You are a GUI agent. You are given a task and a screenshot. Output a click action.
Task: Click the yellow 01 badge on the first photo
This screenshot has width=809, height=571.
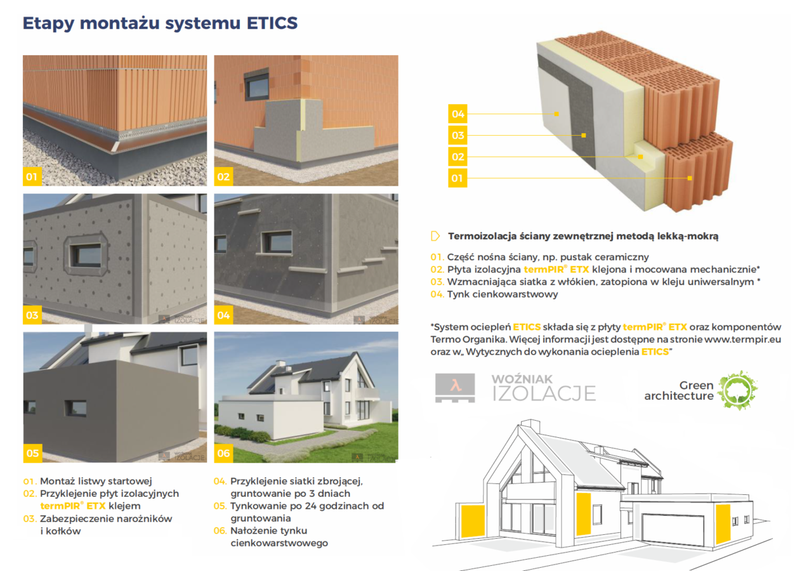click(x=32, y=176)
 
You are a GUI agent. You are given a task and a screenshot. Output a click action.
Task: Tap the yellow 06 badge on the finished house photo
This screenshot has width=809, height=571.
click(x=223, y=453)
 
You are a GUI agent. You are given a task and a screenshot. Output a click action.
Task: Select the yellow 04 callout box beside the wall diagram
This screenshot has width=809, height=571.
click(x=457, y=114)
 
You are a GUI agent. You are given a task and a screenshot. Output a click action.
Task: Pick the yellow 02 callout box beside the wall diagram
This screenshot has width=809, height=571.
click(x=457, y=157)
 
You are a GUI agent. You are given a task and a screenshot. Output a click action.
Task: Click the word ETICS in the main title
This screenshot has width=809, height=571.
click(x=272, y=23)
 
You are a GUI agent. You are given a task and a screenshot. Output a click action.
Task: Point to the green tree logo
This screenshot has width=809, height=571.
click(x=737, y=390)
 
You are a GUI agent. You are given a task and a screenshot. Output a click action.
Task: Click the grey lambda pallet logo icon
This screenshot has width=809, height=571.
click(x=455, y=388)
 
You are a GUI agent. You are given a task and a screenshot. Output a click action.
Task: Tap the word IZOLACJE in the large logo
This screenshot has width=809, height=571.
click(x=544, y=393)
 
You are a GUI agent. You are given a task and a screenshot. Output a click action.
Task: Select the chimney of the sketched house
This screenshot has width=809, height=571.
click(x=530, y=426)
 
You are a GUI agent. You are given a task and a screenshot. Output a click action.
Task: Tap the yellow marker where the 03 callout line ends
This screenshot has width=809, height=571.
click(x=584, y=135)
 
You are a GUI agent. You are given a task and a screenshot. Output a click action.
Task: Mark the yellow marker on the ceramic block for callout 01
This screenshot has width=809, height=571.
click(x=690, y=178)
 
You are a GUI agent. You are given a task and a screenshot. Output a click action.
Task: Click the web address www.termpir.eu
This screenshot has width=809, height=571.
click(x=742, y=339)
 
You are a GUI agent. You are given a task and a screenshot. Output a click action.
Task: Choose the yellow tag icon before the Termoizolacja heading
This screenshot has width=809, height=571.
click(x=435, y=236)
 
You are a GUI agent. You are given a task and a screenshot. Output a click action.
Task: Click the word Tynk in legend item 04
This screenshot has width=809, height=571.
click(x=458, y=294)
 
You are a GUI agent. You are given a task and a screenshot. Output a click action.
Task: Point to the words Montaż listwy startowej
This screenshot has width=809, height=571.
click(x=96, y=481)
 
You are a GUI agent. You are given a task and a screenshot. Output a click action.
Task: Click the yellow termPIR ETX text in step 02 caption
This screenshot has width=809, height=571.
click(x=73, y=506)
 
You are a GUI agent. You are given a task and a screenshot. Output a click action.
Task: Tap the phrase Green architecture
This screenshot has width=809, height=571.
click(x=679, y=390)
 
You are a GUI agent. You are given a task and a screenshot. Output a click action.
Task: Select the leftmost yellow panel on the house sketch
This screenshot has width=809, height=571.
click(x=473, y=521)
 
